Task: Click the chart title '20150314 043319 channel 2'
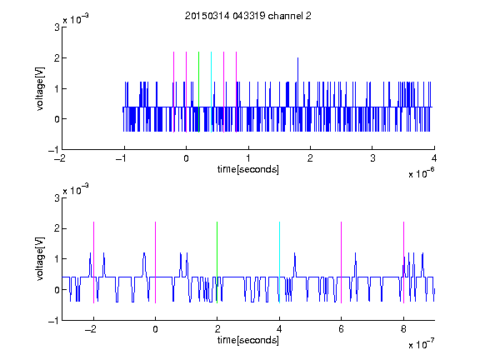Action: click(x=248, y=16)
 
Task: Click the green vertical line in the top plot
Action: click(x=198, y=92)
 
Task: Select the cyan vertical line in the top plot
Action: click(x=211, y=92)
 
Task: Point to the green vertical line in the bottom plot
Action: click(x=217, y=262)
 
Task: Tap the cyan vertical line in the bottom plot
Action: click(x=279, y=262)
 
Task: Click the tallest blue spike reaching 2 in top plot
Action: click(x=297, y=82)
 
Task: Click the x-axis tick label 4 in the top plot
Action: click(x=434, y=158)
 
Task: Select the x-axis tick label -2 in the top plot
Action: click(x=60, y=158)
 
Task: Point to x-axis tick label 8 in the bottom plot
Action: click(x=403, y=329)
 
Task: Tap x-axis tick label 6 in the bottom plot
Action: click(x=341, y=329)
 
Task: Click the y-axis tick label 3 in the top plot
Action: click(x=57, y=27)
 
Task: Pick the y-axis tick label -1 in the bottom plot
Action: click(x=53, y=321)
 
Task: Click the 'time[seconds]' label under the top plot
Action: click(x=248, y=169)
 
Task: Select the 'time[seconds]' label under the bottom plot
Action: click(x=248, y=340)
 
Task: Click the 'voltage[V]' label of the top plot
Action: click(x=40, y=89)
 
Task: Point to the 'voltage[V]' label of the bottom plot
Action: click(x=40, y=259)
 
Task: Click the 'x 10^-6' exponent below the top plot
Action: click(x=421, y=172)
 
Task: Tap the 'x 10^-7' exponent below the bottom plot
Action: click(x=421, y=343)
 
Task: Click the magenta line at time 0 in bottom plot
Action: click(x=156, y=262)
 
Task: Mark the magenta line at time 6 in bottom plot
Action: click(x=342, y=262)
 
